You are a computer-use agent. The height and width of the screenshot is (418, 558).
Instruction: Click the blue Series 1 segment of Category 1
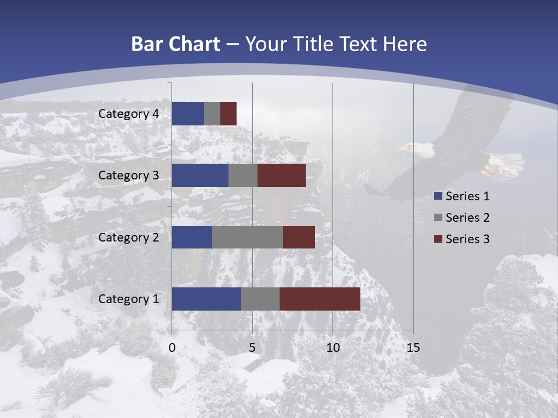206,299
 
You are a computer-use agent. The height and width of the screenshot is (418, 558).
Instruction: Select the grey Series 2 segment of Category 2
248,237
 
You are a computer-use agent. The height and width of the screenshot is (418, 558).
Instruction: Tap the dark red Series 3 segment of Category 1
320,299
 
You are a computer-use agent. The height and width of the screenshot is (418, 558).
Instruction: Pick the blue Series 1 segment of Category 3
200,175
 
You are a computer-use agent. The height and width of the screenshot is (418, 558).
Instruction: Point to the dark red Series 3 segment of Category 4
228,114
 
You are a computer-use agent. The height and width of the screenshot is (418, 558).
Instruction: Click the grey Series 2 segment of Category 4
212,114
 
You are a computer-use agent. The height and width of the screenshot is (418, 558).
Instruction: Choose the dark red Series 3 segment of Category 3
281,175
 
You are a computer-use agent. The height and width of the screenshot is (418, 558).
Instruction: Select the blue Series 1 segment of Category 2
192,237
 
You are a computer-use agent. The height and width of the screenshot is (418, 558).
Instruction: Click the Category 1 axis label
128,299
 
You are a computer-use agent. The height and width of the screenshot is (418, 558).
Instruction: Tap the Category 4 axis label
128,114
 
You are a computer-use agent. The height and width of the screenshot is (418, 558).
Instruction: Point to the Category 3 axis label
128,175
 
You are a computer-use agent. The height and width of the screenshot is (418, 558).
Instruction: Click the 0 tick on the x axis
172,348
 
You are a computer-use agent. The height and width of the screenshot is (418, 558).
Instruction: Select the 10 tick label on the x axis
332,348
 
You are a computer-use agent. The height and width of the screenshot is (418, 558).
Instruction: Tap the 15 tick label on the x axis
413,348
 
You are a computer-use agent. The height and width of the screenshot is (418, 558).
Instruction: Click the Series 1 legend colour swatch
437,196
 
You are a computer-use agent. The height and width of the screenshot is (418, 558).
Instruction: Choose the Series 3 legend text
467,239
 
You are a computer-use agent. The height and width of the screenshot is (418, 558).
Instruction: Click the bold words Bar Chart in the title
175,44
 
